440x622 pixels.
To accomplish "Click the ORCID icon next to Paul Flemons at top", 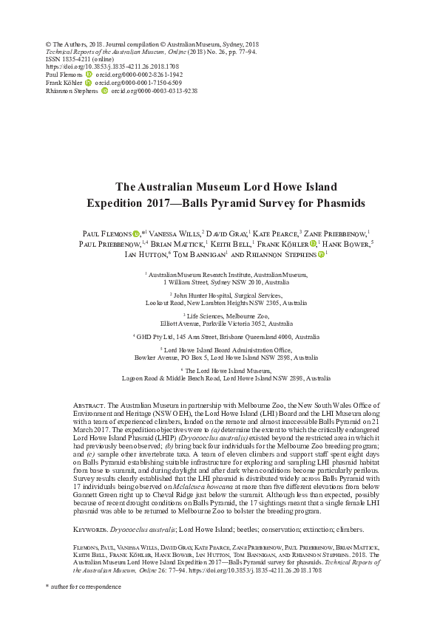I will (89, 75).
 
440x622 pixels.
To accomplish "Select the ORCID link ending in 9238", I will (152, 91).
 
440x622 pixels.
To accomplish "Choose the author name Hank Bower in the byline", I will (348, 243).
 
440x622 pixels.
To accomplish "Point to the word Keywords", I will (92, 509).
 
